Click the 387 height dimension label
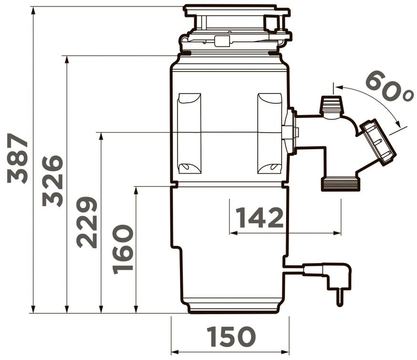(18, 158)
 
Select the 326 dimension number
(52, 181)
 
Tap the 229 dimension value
(87, 223)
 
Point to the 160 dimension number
(123, 249)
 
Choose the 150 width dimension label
(231, 337)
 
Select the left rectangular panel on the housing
(189, 134)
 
